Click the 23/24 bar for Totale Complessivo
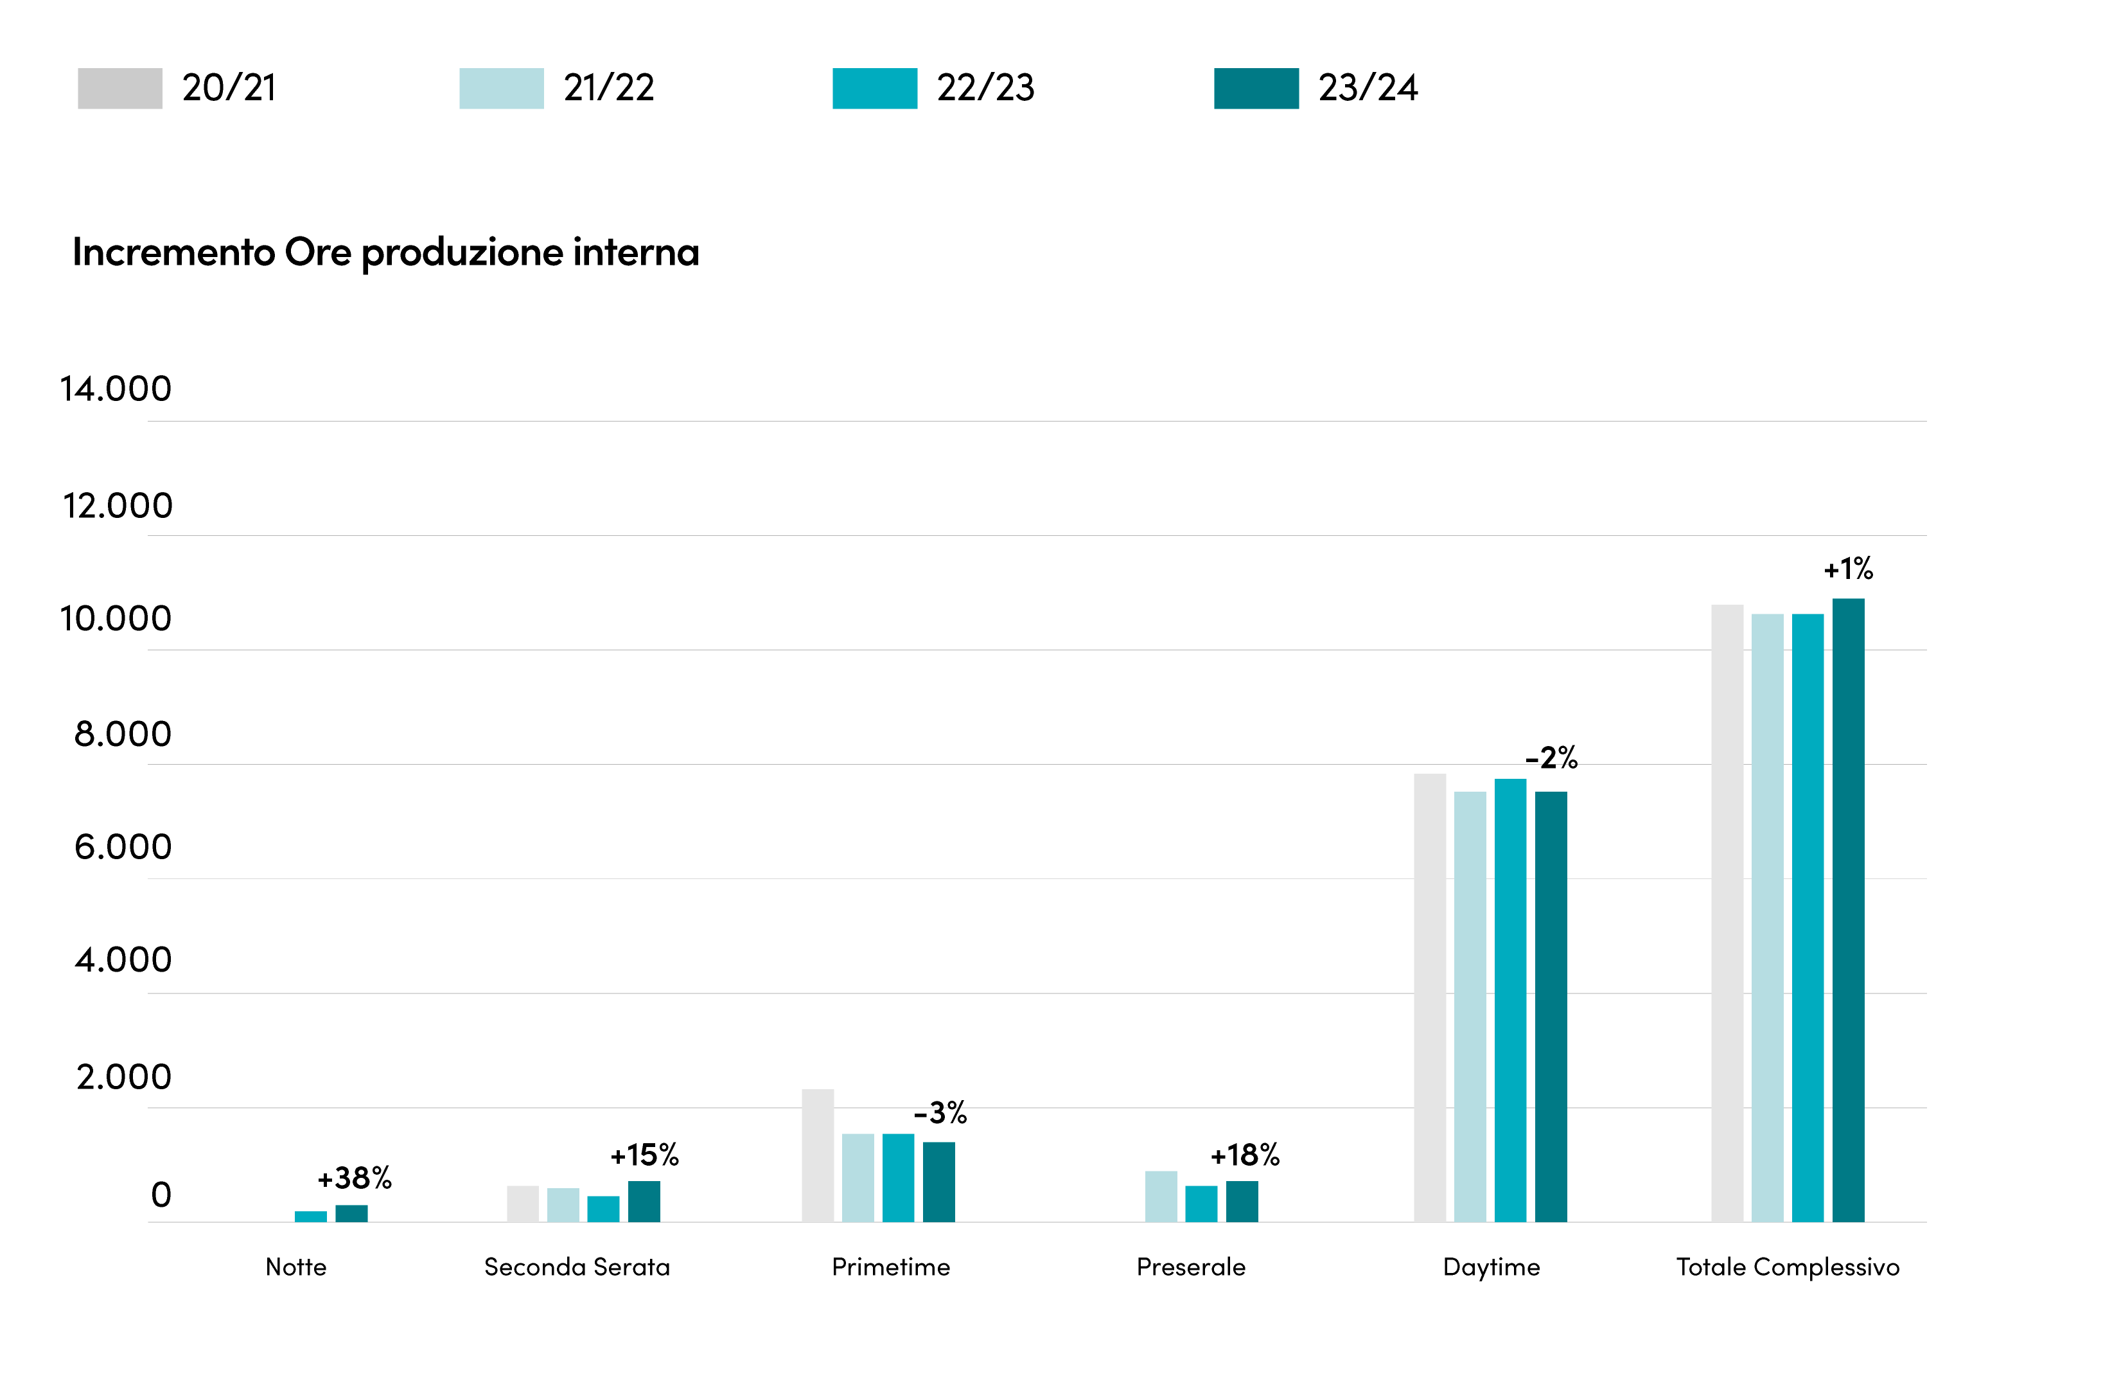[x=1847, y=909]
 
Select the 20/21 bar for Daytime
[x=1429, y=997]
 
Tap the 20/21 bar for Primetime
[x=817, y=1155]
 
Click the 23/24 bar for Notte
[x=351, y=1213]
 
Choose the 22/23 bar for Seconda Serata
[x=603, y=1209]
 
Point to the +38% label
[x=355, y=1179]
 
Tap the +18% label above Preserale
[x=1245, y=1155]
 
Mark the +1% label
[x=1848, y=569]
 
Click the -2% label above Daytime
[x=1551, y=758]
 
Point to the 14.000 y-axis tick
[x=115, y=389]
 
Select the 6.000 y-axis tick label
[x=123, y=847]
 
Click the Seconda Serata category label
[x=577, y=1267]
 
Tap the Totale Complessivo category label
[x=1788, y=1267]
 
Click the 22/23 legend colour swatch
[x=874, y=88]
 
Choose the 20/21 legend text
[x=229, y=88]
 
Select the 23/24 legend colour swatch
[x=1256, y=88]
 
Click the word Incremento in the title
[x=174, y=253]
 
